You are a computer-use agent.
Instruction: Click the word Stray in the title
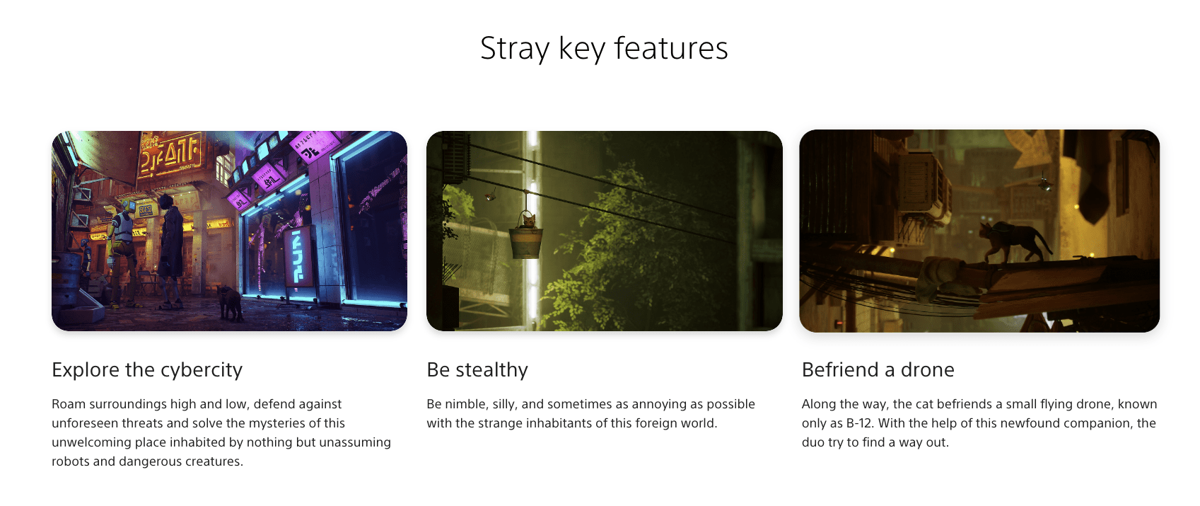[x=514, y=49]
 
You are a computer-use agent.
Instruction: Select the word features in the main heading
[x=670, y=49]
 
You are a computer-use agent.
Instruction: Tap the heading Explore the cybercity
[x=147, y=369]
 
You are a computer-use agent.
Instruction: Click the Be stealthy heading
[x=477, y=369]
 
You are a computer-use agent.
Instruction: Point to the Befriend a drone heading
[x=878, y=369]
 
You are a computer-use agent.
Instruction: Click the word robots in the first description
[x=70, y=461]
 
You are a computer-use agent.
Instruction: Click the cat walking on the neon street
[x=229, y=301]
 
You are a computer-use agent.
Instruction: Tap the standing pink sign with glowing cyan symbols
[x=298, y=255]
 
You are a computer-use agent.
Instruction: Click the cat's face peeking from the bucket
[x=528, y=220]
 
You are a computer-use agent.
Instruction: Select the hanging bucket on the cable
[x=526, y=241]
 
